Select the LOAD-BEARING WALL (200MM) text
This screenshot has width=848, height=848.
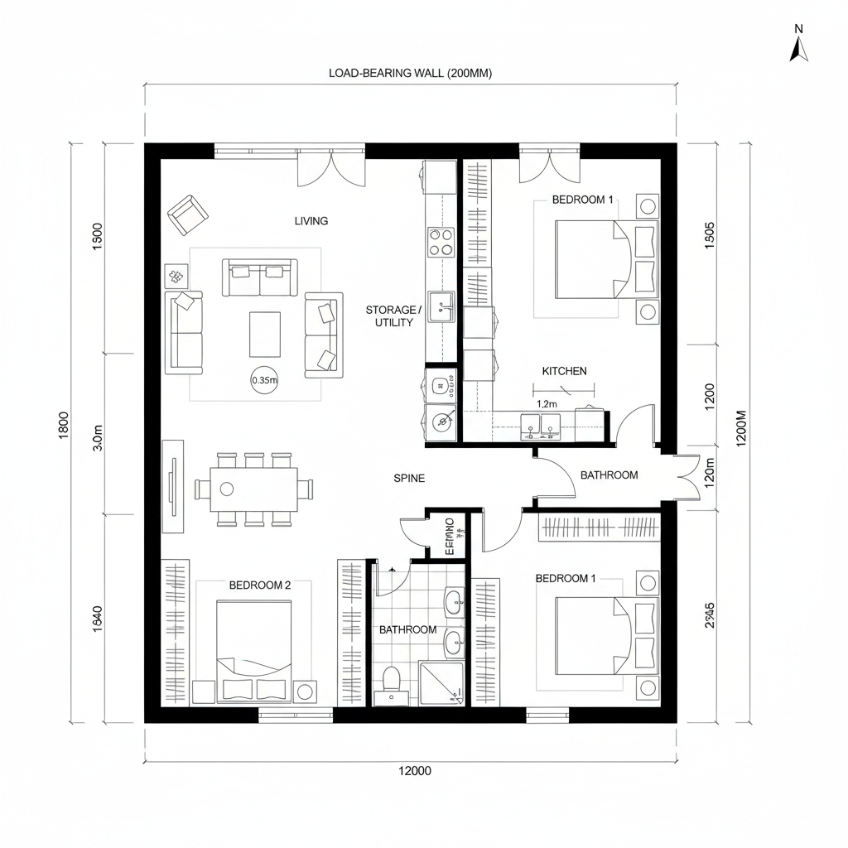pos(410,73)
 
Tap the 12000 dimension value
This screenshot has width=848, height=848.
pos(414,770)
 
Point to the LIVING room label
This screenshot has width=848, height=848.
pos(311,221)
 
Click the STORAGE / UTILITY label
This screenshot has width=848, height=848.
pos(393,316)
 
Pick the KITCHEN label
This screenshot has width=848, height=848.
pos(564,371)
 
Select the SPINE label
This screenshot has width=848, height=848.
pos(409,478)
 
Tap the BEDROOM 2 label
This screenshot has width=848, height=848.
pos(260,585)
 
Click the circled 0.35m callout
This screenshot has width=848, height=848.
pos(264,381)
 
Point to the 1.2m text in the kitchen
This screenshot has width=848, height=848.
pos(547,403)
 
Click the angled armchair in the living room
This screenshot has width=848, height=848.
pos(188,214)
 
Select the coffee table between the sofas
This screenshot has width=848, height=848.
pos(265,333)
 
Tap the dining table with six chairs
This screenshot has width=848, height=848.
pos(254,489)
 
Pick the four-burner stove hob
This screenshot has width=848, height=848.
pos(441,241)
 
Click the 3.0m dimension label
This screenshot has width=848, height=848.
pos(98,437)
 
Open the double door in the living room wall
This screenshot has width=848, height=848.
pos(331,170)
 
